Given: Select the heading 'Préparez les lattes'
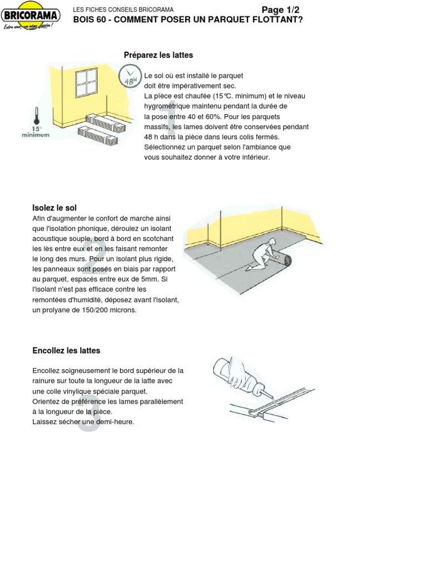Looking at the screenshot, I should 158,55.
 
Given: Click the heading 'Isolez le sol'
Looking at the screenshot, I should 54,208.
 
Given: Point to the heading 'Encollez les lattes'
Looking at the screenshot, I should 66,351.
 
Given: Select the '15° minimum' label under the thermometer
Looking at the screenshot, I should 36,132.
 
